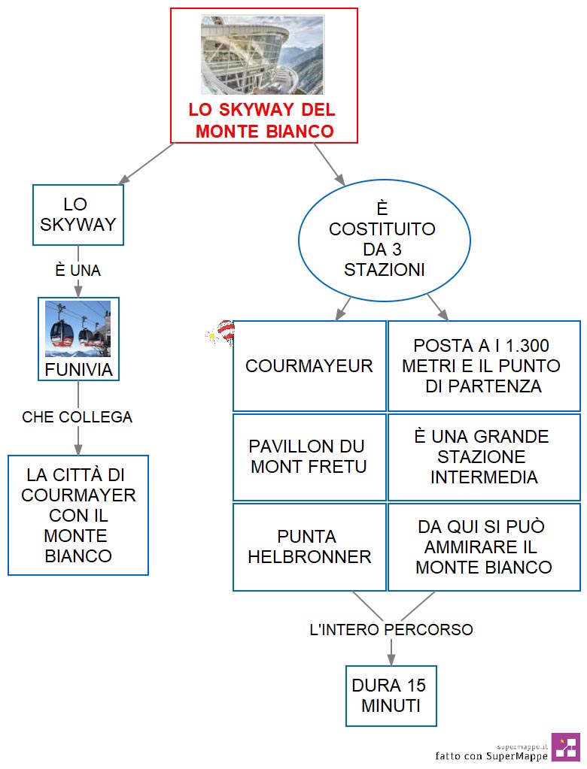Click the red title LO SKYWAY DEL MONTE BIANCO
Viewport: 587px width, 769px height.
[262, 120]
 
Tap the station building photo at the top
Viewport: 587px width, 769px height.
[262, 55]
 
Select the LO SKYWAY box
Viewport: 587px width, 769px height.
[78, 215]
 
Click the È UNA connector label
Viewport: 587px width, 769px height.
[78, 270]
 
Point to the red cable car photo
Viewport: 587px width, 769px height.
[78, 328]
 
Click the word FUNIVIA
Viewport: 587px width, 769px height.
[78, 370]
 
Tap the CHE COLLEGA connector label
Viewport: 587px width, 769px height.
[78, 417]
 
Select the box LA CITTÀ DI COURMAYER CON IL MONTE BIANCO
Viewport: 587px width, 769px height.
[78, 515]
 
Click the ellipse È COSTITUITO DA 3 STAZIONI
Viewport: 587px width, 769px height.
[385, 241]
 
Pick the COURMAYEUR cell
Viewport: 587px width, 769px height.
[309, 366]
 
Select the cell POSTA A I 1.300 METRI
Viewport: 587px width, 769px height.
[484, 366]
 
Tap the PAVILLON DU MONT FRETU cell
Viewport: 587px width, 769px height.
[309, 456]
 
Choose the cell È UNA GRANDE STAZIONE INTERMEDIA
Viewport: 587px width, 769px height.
[484, 456]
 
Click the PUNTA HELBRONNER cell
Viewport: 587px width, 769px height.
[309, 546]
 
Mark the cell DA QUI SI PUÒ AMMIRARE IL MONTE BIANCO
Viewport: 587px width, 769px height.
[484, 546]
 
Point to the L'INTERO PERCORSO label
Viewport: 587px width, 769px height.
[391, 630]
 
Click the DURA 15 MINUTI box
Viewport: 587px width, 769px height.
[391, 696]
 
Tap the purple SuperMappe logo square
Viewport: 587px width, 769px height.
[565, 747]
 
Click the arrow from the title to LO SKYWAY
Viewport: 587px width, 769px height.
[146, 163]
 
